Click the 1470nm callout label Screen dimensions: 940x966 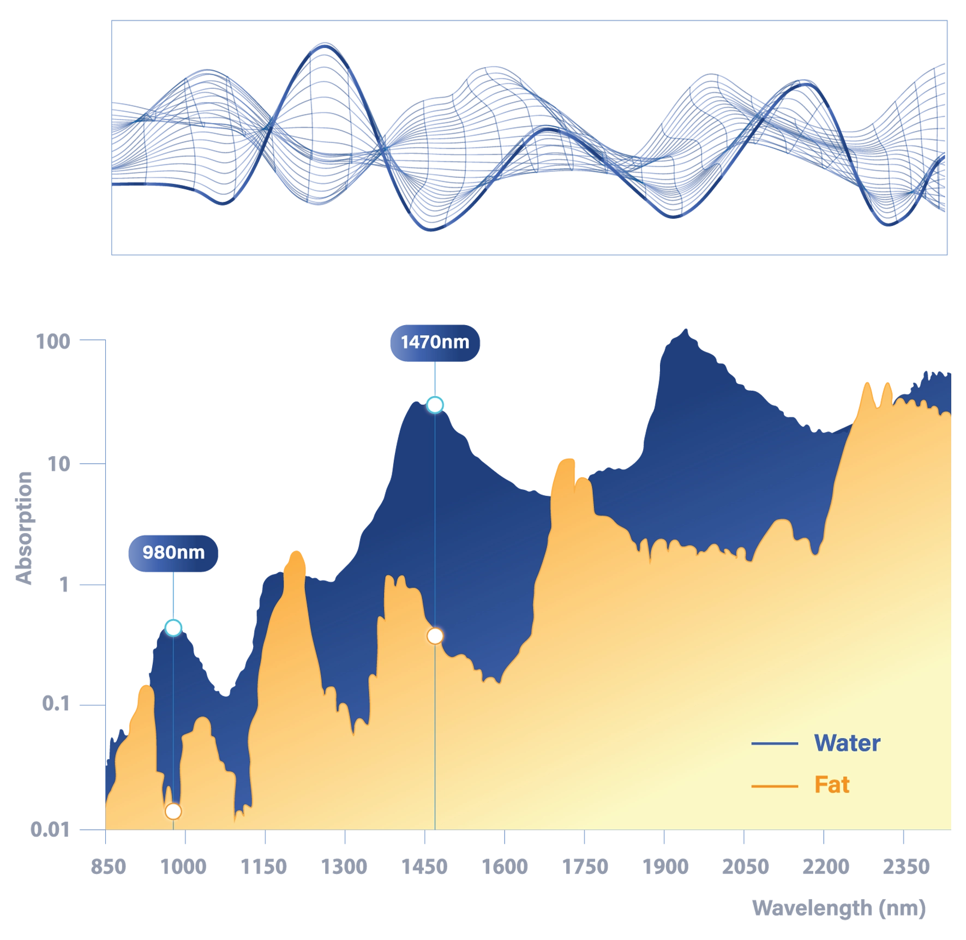click(435, 342)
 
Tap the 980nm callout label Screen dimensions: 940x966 click(173, 552)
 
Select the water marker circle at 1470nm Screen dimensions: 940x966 click(435, 405)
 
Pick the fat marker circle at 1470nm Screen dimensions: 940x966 click(435, 636)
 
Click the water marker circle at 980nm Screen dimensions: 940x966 click(173, 627)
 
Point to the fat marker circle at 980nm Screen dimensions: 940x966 click(173, 811)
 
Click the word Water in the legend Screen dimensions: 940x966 click(847, 743)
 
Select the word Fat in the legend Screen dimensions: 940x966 click(832, 785)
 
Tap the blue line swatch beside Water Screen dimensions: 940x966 click(774, 744)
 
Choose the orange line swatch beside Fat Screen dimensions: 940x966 click(774, 786)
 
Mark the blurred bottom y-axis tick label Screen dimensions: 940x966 click(52, 829)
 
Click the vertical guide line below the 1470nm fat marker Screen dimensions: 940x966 click(435, 737)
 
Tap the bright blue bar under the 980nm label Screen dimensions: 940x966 click(215, 593)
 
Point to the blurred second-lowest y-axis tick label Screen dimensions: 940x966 click(57, 703)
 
